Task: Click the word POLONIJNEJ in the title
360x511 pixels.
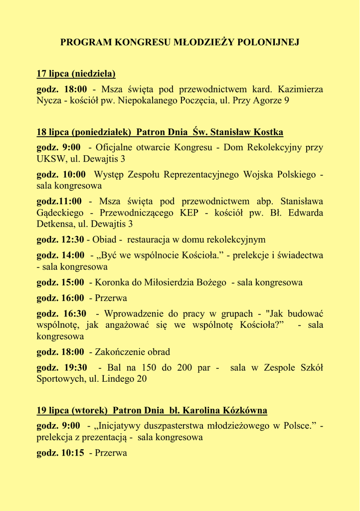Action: pyautogui.click(x=272, y=42)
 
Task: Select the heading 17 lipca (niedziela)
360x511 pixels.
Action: pyautogui.click(x=76, y=74)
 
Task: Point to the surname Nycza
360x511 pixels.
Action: pyautogui.click(x=49, y=101)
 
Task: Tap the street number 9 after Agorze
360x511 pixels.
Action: pyautogui.click(x=287, y=101)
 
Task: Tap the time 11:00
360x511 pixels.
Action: pyautogui.click(x=70, y=202)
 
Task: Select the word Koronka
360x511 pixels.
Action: pyautogui.click(x=111, y=282)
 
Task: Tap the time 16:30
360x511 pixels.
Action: pyautogui.click(x=75, y=314)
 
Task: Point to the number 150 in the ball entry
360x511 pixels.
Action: pyautogui.click(x=150, y=368)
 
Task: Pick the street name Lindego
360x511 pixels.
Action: pyautogui.click(x=119, y=379)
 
